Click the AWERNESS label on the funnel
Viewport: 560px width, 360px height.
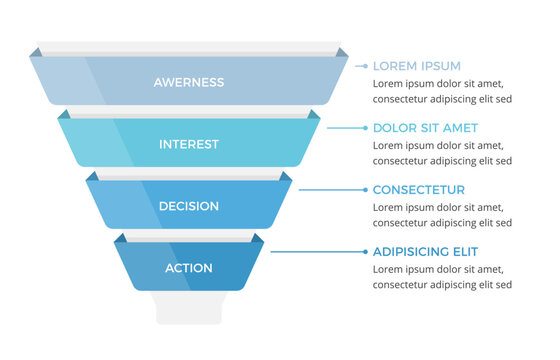pos(189,82)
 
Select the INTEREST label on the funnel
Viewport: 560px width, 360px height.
pos(189,144)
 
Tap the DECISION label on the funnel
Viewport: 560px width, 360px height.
pos(189,206)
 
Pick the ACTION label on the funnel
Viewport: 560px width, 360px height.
pos(189,268)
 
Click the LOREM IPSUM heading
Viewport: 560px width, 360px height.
pos(416,66)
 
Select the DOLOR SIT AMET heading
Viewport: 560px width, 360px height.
pos(425,128)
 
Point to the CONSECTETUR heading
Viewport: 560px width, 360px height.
pos(418,190)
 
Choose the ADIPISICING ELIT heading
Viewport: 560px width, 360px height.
pos(425,252)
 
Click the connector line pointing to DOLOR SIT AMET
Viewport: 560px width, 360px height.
pos(346,128)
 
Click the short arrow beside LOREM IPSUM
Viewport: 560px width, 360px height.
pos(361,66)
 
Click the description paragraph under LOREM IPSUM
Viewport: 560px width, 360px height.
pos(443,92)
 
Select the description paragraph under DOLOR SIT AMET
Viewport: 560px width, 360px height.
pos(443,153)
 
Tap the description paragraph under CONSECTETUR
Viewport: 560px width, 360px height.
pos(443,215)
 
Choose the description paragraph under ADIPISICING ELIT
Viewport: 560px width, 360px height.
pos(443,277)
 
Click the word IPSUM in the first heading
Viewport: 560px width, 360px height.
pos(441,66)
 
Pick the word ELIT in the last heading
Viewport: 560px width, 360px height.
pos(463,252)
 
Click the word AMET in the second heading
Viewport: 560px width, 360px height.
pos(460,128)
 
